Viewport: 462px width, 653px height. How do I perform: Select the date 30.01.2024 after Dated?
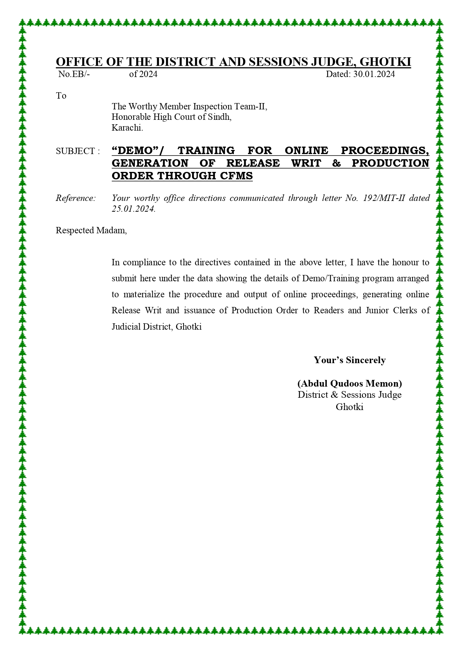point(374,74)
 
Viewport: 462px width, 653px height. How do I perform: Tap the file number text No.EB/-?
point(74,74)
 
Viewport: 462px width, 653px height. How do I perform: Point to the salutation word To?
point(61,96)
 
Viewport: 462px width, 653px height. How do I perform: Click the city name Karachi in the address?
point(127,128)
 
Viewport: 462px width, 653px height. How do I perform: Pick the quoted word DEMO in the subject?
point(136,150)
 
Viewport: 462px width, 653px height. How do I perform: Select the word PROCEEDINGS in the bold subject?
point(385,150)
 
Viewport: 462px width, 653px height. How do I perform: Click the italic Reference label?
point(76,198)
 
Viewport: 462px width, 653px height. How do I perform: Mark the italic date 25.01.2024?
point(133,209)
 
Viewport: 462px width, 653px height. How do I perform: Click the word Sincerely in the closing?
point(366,360)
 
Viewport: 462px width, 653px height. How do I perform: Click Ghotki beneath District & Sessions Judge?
point(349,407)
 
